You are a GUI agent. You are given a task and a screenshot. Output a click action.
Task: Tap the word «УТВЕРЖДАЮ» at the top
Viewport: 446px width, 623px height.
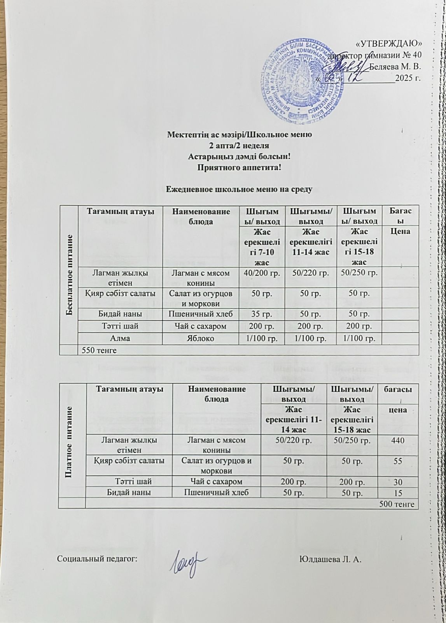[389, 43]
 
